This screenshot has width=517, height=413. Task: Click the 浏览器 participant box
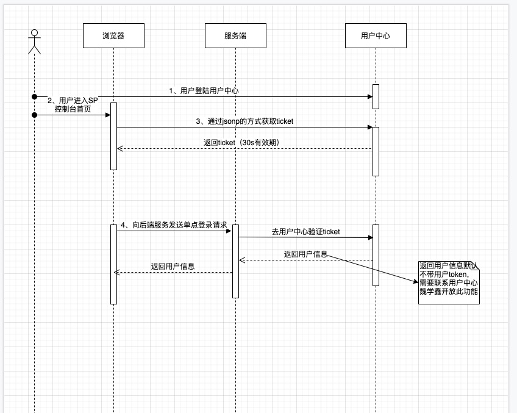[x=113, y=36]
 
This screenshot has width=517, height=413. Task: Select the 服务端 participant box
[x=235, y=36]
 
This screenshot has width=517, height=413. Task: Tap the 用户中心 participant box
[x=376, y=36]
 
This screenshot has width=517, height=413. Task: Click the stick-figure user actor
[x=35, y=41]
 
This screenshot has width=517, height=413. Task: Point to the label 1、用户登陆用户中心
[x=204, y=90]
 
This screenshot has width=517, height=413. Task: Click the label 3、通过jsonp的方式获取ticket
[x=244, y=121]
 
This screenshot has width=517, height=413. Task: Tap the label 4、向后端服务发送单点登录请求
[x=174, y=225]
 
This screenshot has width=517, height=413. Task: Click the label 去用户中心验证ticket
[x=305, y=232]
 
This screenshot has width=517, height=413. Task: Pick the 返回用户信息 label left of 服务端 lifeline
[x=173, y=266]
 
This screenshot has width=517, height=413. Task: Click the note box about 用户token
[x=449, y=282]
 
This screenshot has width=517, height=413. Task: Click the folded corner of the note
[x=476, y=265]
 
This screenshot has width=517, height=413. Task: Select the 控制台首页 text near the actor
[x=73, y=109]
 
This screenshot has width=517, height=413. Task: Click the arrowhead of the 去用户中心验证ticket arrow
[x=369, y=237]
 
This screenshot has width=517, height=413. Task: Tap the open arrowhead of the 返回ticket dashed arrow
[x=119, y=148]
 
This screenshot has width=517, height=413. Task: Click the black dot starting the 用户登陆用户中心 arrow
[x=35, y=96]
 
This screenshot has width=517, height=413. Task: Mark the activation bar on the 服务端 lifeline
[x=235, y=261]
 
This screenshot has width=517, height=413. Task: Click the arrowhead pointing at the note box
[x=416, y=281]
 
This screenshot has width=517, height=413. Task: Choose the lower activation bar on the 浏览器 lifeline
[x=113, y=264]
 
